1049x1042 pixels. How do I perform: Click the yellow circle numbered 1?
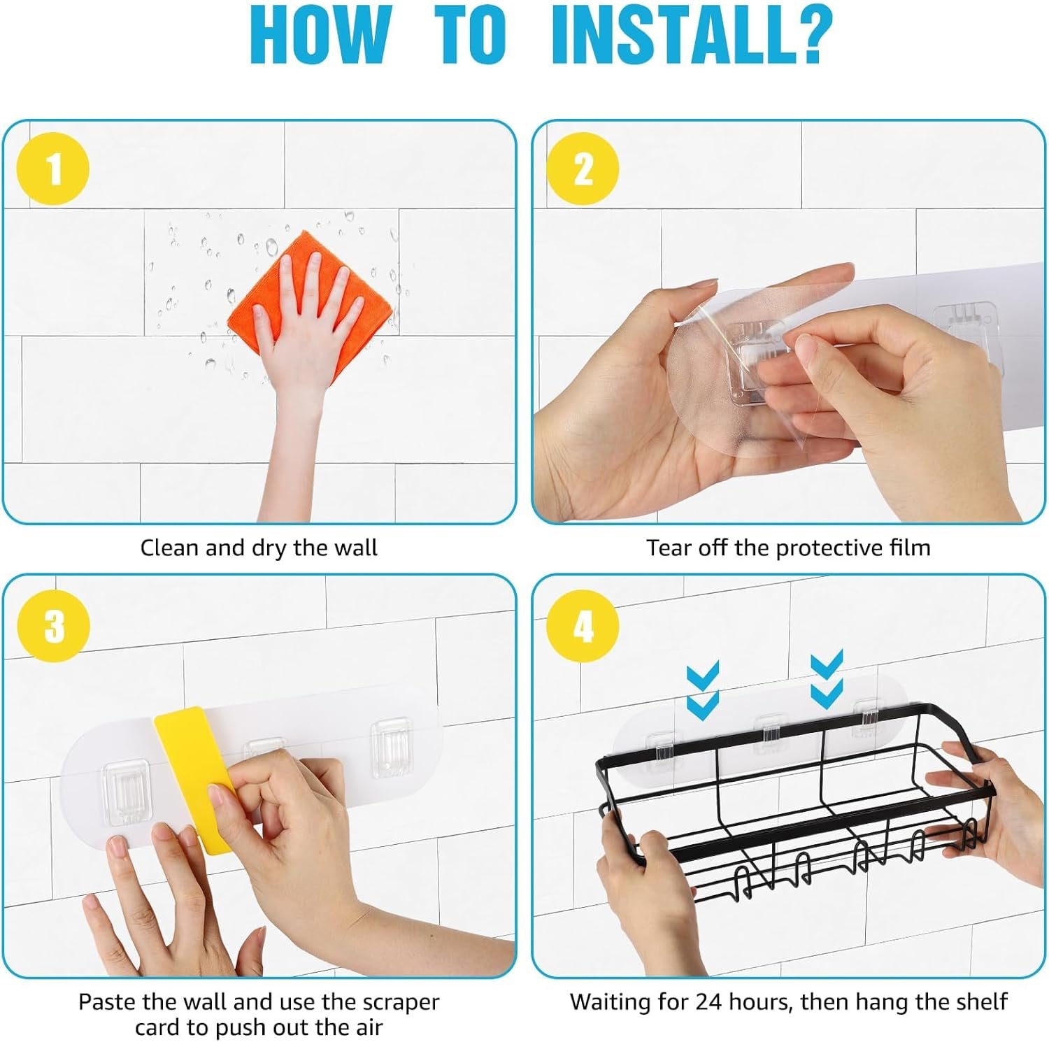click(54, 169)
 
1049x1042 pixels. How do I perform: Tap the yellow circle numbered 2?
click(583, 169)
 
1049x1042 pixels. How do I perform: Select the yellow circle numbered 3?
click(54, 625)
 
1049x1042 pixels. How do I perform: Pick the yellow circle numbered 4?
click(583, 625)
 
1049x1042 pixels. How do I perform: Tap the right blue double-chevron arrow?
click(827, 678)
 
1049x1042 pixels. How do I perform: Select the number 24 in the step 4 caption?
click(709, 1001)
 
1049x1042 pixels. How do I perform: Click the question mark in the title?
click(811, 34)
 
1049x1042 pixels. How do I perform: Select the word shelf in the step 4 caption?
click(981, 1001)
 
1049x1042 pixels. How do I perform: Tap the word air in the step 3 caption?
click(367, 1028)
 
